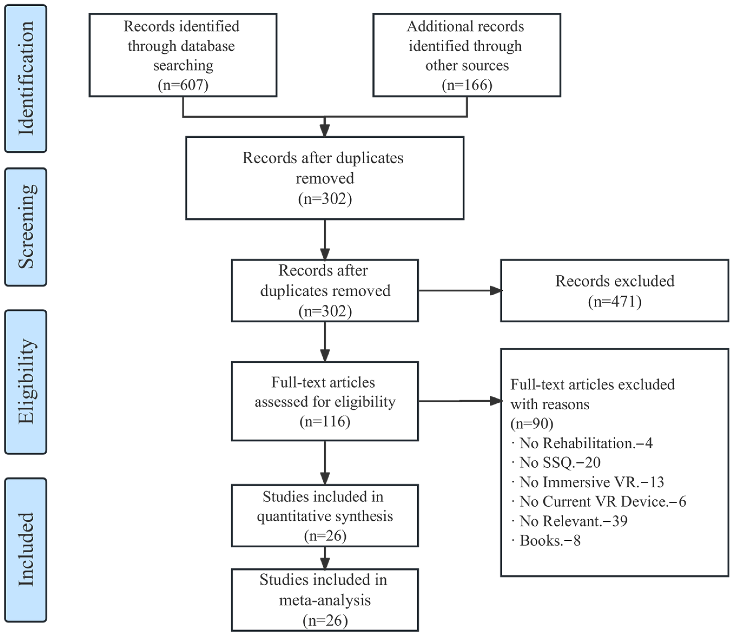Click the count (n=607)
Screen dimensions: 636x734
pyautogui.click(x=183, y=85)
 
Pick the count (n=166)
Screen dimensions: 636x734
pyautogui.click(x=467, y=85)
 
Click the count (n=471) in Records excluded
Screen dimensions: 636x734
pyautogui.click(x=614, y=301)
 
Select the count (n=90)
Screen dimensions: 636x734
pyautogui.click(x=532, y=423)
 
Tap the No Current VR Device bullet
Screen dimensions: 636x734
pyautogui.click(x=602, y=502)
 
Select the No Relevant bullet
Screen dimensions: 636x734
pyautogui.click(x=573, y=521)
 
